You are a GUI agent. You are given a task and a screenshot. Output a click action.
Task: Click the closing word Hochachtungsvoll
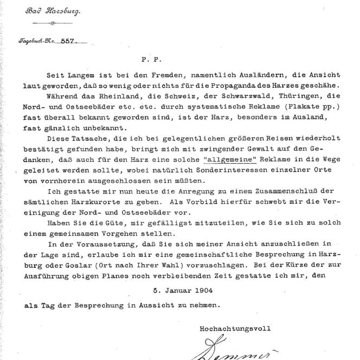pos(235,328)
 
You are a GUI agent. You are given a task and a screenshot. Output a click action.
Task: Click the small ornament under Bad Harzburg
pos(53,23)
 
